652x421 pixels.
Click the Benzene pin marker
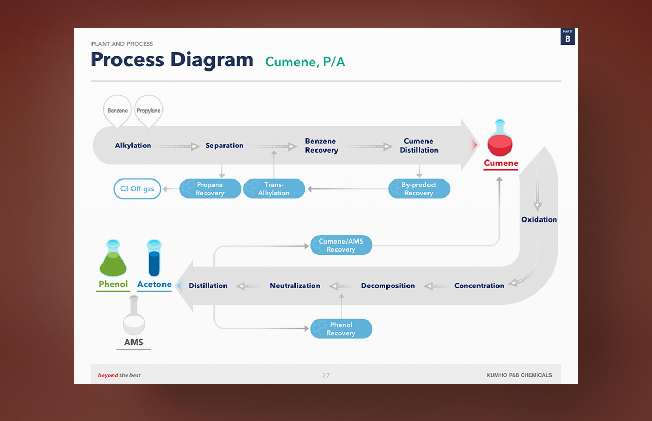117,111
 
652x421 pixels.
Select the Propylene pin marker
149,111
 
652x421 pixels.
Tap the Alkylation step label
133,145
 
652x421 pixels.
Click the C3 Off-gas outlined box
137,189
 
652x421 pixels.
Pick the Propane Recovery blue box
210,189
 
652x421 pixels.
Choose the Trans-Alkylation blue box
274,189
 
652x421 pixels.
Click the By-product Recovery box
419,189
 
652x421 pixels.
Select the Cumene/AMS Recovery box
341,245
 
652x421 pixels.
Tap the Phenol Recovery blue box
341,329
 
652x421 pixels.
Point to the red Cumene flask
500,138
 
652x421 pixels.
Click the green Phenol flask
113,258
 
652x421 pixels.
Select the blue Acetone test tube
154,258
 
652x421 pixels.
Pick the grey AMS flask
134,315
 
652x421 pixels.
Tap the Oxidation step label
539,219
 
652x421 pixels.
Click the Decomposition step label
388,286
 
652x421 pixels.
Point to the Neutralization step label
295,286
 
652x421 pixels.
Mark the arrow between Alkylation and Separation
178,146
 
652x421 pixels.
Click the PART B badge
567,37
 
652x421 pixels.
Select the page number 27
325,375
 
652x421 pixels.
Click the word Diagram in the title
212,61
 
